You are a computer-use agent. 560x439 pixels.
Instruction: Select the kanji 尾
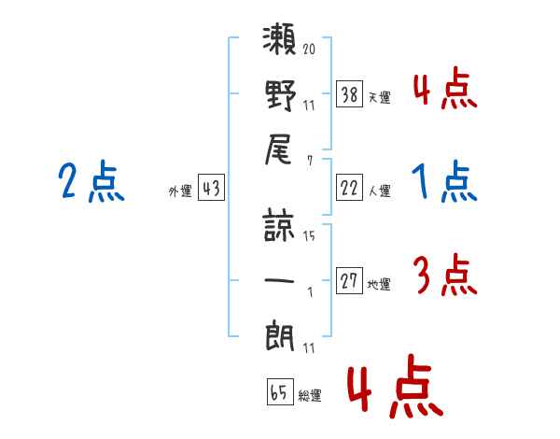(281, 150)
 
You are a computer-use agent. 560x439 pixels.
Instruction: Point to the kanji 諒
(281, 227)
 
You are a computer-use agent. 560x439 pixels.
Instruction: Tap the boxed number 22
(350, 188)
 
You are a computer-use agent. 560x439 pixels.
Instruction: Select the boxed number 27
(350, 280)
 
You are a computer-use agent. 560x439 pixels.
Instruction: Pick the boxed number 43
(211, 188)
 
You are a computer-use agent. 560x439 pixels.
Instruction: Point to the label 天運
(379, 97)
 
